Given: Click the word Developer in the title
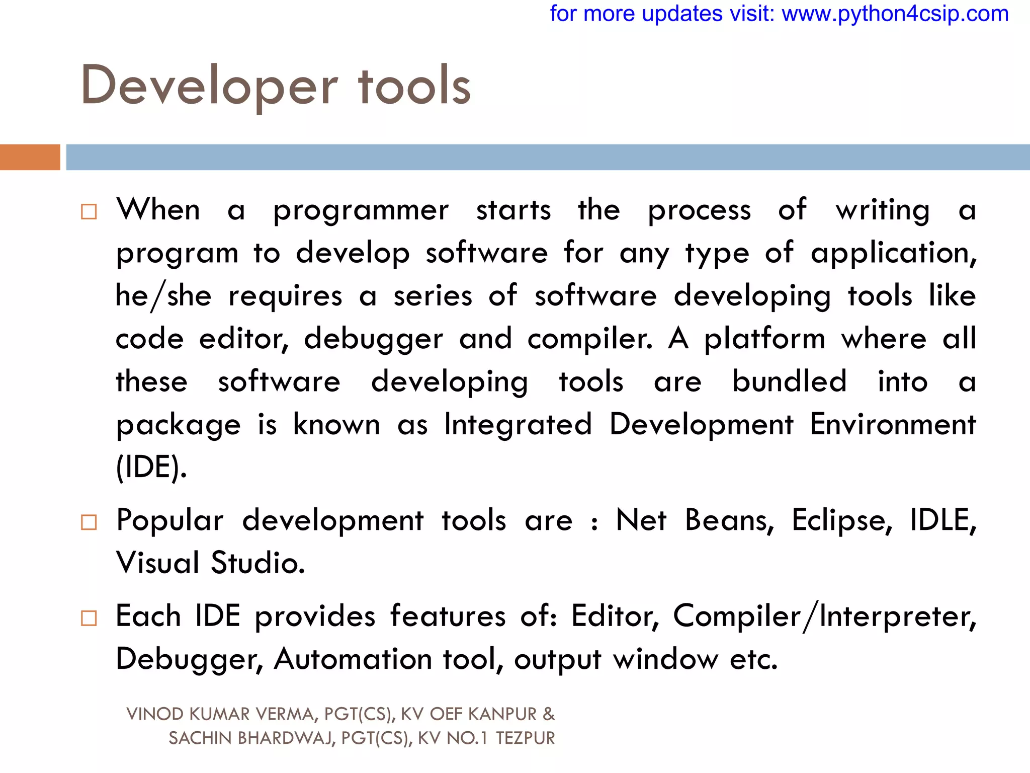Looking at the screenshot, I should (x=209, y=87).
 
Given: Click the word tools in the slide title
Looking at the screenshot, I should (x=414, y=87).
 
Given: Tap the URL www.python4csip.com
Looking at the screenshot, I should (x=895, y=14).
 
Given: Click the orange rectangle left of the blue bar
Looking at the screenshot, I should (x=30, y=157).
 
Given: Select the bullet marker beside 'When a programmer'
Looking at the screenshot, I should (x=89, y=211).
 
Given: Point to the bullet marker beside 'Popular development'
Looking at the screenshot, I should (x=89, y=522).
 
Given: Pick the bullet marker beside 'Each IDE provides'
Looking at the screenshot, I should (x=89, y=618).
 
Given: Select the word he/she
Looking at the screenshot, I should (x=163, y=296).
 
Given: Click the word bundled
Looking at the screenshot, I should (x=789, y=381).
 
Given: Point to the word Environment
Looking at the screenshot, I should (x=893, y=424).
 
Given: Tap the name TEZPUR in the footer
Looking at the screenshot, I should (x=525, y=738).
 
